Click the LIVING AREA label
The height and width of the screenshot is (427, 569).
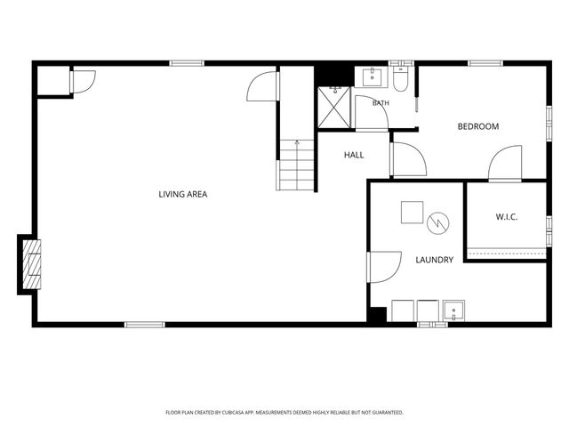tap(183, 194)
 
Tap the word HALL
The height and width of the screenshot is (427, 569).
tap(354, 155)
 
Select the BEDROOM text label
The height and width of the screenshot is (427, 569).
tap(478, 126)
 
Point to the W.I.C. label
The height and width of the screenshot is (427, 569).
tap(507, 217)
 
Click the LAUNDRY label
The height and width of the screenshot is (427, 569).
tap(435, 260)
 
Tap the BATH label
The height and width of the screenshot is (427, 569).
tap(381, 103)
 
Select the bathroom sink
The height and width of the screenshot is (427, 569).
tap(372, 77)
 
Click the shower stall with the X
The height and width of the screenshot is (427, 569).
tap(334, 108)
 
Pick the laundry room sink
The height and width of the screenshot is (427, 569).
tap(453, 310)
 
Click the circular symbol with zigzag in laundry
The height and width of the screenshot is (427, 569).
tap(438, 223)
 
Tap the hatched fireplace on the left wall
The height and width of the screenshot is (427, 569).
tap(32, 265)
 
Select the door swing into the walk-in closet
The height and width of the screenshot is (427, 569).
tap(505, 163)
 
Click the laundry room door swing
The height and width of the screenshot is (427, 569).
tap(384, 267)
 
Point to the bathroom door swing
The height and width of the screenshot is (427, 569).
tap(372, 112)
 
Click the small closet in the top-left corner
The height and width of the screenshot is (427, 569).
tap(53, 80)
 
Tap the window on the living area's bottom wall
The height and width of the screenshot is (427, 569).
tap(145, 324)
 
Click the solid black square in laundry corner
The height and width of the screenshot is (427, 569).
tap(377, 314)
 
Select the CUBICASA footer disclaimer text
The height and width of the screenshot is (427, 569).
tap(284, 413)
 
